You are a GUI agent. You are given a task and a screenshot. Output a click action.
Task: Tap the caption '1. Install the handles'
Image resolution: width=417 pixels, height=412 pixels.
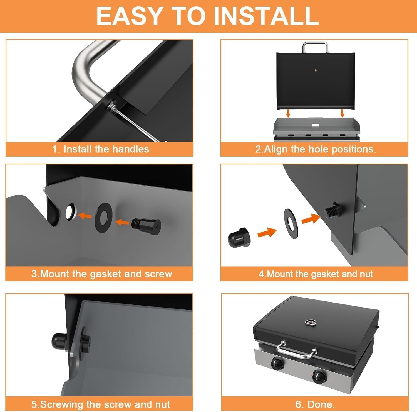click(x=101, y=149)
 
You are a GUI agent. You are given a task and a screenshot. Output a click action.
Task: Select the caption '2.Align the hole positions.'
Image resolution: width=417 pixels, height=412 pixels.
click(x=316, y=149)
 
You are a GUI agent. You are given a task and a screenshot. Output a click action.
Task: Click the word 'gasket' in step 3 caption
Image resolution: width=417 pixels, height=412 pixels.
click(x=106, y=274)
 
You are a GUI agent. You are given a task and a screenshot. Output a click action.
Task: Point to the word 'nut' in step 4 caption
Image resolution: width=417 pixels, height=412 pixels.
click(x=366, y=274)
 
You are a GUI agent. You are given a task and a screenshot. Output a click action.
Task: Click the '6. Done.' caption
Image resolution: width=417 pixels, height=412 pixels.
click(x=315, y=404)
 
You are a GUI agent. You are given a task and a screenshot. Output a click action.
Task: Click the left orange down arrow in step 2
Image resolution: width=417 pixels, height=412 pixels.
click(x=288, y=113)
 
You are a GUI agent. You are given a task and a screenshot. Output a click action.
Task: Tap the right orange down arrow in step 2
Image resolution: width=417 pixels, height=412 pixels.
click(x=342, y=113)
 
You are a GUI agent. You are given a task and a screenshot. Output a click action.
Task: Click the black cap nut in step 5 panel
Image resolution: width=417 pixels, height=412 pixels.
click(x=59, y=341)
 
